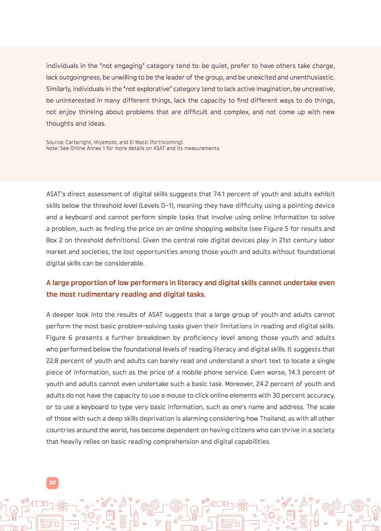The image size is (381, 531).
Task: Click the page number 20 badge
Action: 52,483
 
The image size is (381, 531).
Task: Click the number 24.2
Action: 262,383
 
